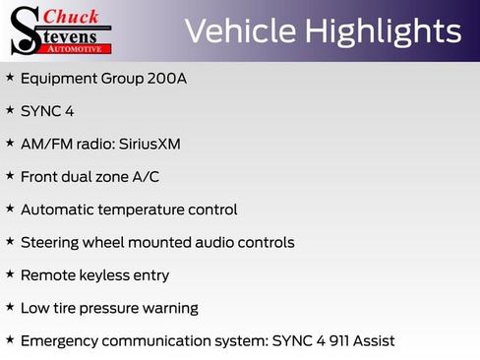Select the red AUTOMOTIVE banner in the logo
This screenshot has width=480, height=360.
80,47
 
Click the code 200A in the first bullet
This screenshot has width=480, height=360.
165,78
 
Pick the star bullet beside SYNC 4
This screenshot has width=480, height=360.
9,110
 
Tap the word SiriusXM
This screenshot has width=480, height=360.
150,144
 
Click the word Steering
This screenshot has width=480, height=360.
52,242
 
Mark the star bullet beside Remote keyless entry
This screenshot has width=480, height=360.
9,274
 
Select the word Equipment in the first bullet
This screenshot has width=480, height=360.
61,78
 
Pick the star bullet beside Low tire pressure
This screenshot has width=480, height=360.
9,307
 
